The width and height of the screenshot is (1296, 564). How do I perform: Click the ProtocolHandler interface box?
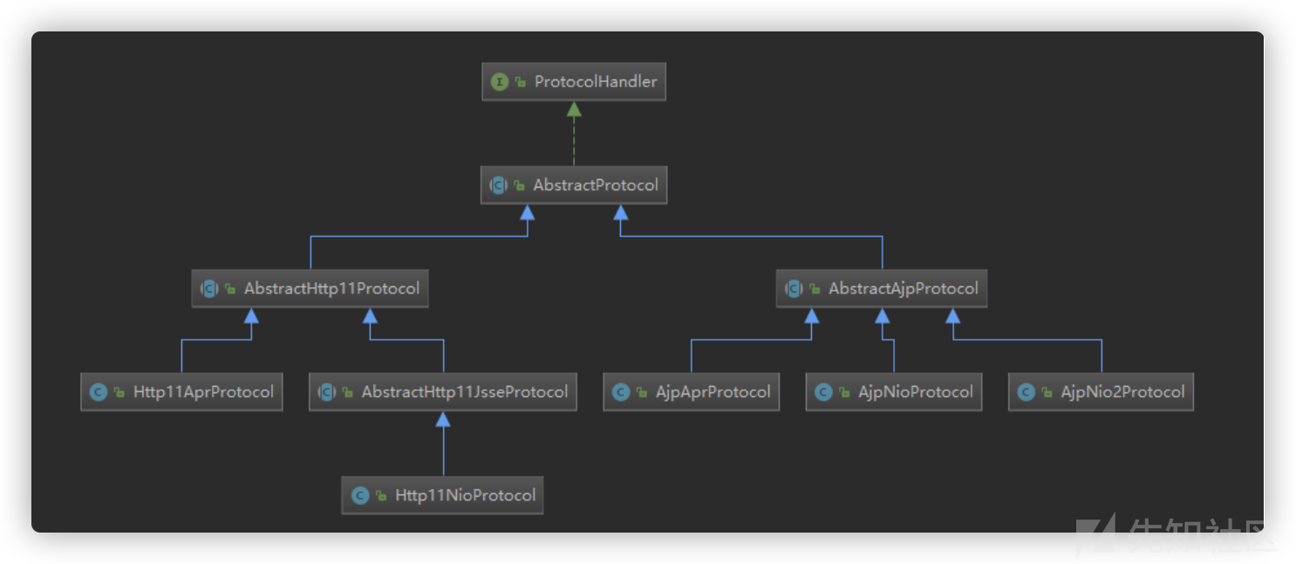coord(574,82)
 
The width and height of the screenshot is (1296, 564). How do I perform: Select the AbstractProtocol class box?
coord(574,185)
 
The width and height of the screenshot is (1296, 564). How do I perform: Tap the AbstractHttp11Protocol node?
coord(310,288)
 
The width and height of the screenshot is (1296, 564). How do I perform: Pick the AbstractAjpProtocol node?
coord(882,288)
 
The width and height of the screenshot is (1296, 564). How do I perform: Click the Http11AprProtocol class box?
coord(181,392)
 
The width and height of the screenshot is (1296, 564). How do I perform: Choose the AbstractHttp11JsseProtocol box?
coord(443,392)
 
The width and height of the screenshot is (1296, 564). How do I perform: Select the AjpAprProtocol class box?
coord(692,392)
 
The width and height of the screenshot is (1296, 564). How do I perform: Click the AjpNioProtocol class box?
coord(894,392)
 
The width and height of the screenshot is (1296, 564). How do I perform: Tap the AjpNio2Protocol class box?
coord(1101,392)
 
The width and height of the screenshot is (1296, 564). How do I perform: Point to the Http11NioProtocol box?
coord(442,495)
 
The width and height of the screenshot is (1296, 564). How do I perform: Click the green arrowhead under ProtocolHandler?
coord(574,109)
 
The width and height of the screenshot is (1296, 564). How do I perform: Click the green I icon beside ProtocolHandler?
coord(500,82)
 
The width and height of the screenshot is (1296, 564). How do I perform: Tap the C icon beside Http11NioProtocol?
coord(360,496)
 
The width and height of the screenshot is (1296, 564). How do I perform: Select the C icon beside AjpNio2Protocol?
coord(1027,393)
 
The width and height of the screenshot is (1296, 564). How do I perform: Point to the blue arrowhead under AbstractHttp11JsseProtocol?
coord(443,419)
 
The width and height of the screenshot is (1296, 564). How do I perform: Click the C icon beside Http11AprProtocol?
coord(99,393)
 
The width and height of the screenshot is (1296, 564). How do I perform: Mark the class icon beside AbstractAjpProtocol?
coord(794,288)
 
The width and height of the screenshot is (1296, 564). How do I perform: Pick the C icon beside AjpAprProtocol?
coord(621,393)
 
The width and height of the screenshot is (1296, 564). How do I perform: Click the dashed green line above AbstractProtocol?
coord(574,141)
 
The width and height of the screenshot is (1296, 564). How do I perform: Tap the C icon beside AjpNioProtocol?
coord(823,393)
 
